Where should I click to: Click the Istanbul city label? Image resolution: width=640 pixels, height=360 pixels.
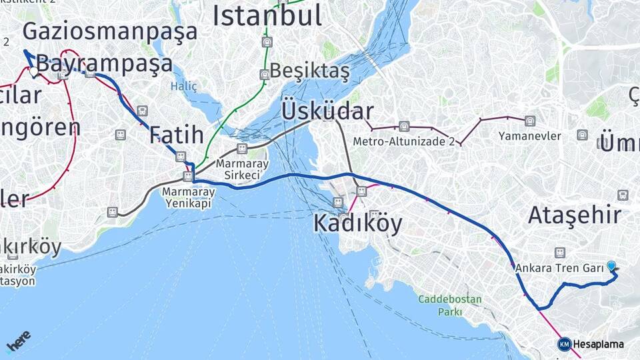267,15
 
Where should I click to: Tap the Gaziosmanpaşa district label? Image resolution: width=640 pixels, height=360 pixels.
110,31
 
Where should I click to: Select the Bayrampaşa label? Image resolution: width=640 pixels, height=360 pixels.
104,65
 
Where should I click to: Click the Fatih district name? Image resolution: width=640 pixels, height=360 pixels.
176,135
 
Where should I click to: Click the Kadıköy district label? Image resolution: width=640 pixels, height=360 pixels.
358,224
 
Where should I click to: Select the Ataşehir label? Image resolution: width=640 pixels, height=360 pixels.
575,215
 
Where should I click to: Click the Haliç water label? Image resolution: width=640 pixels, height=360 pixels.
183,86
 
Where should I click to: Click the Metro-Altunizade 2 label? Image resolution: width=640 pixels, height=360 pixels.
404,141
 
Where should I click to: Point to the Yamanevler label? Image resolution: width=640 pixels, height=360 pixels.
529,136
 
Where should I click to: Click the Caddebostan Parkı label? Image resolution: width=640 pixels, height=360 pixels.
449,305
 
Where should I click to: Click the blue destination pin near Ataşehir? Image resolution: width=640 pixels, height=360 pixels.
611,266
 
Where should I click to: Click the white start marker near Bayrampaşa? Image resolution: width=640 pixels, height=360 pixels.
33,71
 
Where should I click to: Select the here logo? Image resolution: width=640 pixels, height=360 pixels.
18,340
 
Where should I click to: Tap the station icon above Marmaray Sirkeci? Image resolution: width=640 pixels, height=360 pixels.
241,148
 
